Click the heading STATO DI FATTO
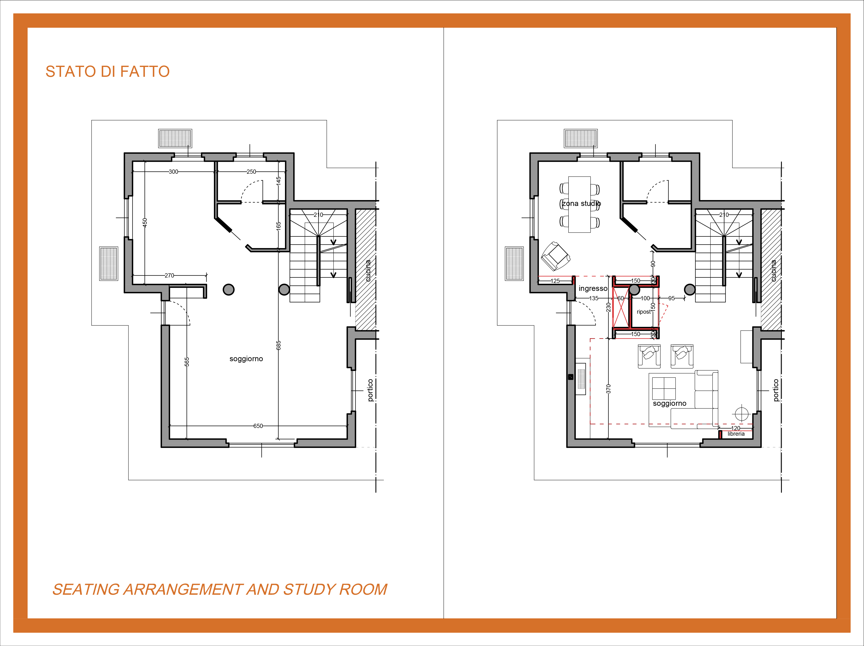coord(107,72)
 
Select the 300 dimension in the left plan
coord(173,172)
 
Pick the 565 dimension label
coord(187,361)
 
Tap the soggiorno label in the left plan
coord(246,359)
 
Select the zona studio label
coord(581,204)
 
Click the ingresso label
coord(593,288)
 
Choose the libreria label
coord(736,434)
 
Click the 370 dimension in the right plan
coord(608,389)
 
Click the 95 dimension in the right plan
coord(671,298)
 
